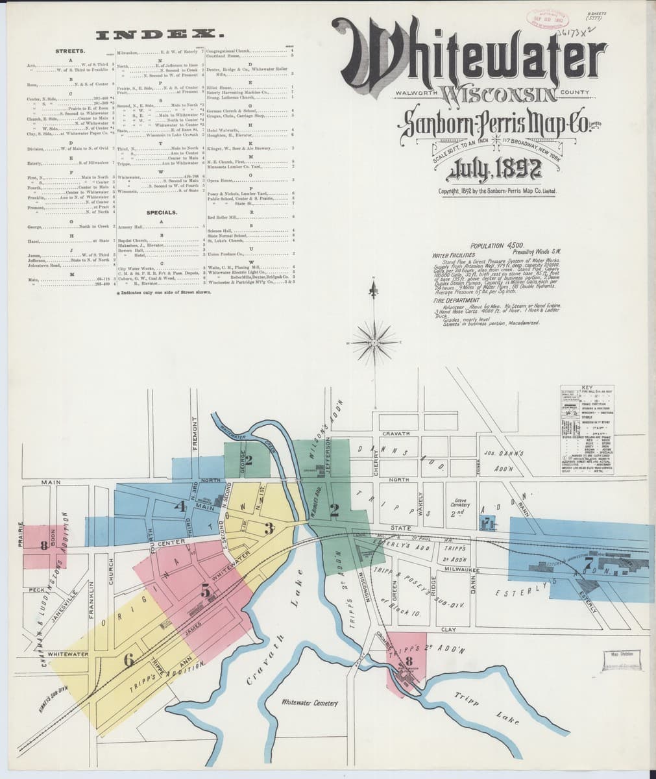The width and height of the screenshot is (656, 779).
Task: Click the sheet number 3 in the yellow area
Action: point(268,528)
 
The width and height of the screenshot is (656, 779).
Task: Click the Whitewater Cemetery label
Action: point(310,703)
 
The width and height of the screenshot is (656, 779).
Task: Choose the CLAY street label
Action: point(448,629)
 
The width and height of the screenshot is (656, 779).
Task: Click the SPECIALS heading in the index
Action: point(162,213)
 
